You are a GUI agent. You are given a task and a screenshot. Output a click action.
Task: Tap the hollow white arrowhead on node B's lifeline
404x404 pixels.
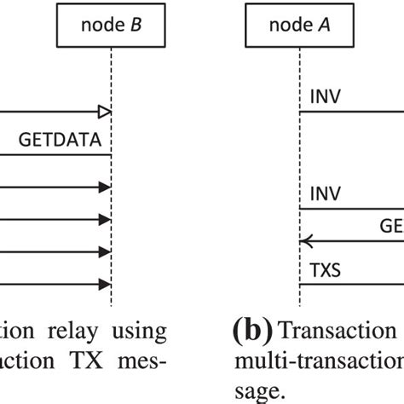(x=104, y=111)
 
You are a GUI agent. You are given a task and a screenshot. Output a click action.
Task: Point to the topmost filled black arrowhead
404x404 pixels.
(x=104, y=187)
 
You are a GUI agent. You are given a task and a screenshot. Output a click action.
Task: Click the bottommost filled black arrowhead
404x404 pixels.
(x=104, y=284)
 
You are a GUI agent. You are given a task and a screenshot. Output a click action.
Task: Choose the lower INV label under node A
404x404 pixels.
(x=326, y=195)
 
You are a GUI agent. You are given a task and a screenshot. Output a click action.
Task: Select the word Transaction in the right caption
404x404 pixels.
(x=338, y=331)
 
